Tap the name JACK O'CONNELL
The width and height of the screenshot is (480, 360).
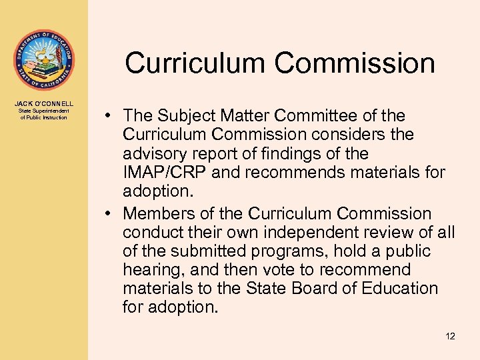point(44,104)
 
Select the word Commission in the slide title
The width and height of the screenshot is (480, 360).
point(355,63)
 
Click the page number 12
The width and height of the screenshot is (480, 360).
point(450,336)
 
